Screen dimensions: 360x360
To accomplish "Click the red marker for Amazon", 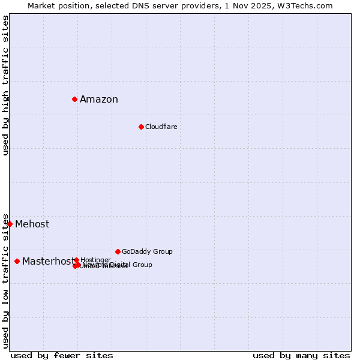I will (x=74, y=99).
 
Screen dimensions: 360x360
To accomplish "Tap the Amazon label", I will (x=99, y=100).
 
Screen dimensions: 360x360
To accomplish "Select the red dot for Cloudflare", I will (x=141, y=127).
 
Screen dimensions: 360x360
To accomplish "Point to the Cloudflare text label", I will (x=161, y=127).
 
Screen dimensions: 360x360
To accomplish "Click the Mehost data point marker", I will (x=10, y=224).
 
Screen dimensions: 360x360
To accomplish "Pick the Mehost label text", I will (x=32, y=224).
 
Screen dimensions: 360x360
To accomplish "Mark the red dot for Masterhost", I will (x=17, y=261).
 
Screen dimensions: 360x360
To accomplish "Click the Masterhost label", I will (x=48, y=262).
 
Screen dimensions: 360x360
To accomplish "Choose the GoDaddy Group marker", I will (x=118, y=251).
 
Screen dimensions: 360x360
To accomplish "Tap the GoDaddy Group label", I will (x=147, y=251).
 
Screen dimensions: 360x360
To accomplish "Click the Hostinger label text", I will (x=95, y=260).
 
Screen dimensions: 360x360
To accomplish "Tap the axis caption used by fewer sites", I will (x=62, y=355).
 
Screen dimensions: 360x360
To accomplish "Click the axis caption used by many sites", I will (x=301, y=355).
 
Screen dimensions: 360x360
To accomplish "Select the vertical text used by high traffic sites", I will (x=5, y=85).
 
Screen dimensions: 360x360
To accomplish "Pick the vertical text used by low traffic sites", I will (x=5, y=281).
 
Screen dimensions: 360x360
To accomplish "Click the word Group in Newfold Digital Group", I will (x=142, y=265).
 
